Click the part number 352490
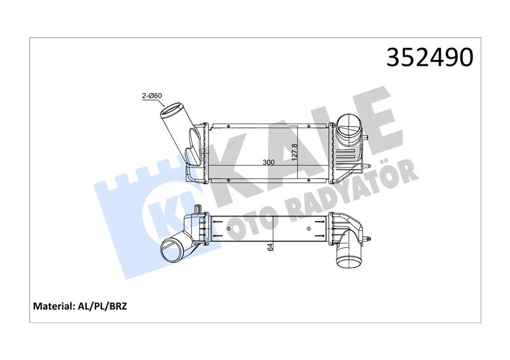430,57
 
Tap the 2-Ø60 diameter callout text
152,96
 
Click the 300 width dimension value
268,162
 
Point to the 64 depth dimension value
270,247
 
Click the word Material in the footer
53,306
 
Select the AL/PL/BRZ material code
101,306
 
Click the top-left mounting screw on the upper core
228,126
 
